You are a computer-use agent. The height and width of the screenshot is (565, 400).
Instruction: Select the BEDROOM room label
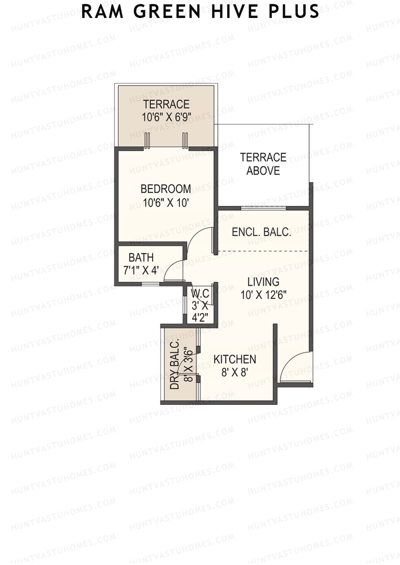(166, 189)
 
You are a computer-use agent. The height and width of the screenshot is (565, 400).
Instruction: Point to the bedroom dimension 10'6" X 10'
(166, 202)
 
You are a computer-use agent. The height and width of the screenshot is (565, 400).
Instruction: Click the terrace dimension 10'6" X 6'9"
(166, 117)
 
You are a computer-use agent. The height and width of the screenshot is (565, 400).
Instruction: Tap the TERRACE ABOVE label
(263, 164)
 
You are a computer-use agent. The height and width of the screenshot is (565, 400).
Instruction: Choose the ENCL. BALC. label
(261, 232)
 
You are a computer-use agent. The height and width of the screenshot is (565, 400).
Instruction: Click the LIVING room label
(263, 282)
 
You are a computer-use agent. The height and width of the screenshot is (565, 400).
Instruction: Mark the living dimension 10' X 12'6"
(263, 295)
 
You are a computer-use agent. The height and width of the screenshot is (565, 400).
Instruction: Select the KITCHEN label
(235, 360)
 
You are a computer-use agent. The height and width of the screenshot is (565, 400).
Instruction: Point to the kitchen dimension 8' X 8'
(234, 373)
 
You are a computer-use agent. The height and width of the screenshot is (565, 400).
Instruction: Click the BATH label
(141, 257)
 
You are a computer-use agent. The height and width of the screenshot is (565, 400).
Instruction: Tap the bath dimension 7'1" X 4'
(141, 271)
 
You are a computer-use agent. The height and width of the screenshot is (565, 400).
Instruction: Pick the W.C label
(200, 294)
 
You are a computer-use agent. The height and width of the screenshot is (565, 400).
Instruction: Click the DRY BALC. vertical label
(174, 364)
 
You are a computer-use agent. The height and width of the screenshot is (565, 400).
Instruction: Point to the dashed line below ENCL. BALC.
(263, 251)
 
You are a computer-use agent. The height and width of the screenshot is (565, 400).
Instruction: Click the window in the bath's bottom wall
(150, 284)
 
